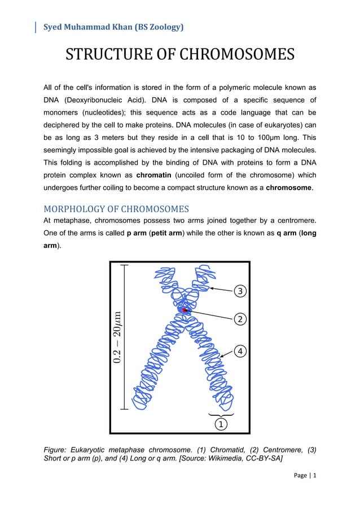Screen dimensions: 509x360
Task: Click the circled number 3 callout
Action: pos(240,291)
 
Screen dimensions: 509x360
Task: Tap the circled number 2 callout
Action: pos(240,319)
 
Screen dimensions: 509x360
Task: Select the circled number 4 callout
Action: pos(240,351)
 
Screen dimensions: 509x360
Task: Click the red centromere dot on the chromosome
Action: pos(185,310)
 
